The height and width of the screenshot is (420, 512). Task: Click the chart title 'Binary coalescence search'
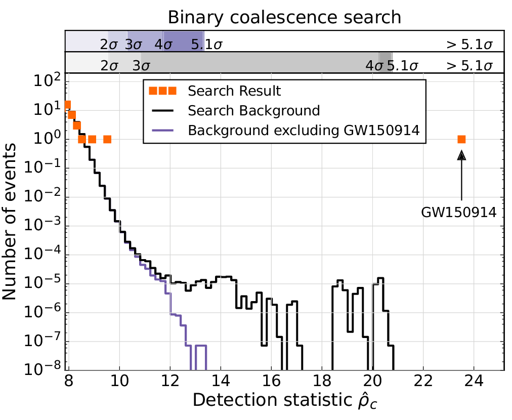click(284, 17)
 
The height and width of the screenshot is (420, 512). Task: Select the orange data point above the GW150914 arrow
click(461, 139)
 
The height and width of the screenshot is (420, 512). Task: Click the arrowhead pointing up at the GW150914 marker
click(461, 155)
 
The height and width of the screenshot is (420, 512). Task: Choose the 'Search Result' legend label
click(234, 92)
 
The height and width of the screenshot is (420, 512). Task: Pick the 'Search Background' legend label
click(253, 110)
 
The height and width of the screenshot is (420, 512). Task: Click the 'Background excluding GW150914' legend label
click(304, 130)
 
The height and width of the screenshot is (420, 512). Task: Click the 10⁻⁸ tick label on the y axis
click(47, 369)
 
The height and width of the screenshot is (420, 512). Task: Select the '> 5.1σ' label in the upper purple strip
click(469, 45)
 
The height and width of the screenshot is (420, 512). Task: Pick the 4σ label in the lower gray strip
click(375, 66)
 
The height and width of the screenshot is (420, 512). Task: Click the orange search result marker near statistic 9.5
click(107, 139)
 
